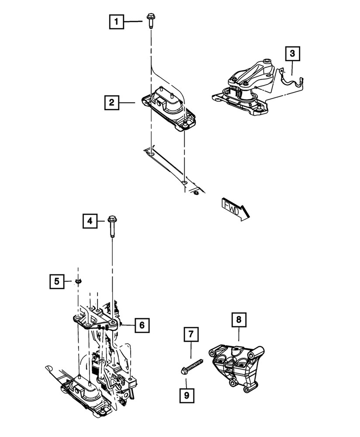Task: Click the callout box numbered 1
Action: [116, 21]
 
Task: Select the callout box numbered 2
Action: [112, 103]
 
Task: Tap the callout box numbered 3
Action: [292, 54]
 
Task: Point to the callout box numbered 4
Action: [89, 222]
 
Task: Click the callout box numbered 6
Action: [142, 325]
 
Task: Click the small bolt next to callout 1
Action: [150, 22]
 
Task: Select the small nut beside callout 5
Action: [78, 281]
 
